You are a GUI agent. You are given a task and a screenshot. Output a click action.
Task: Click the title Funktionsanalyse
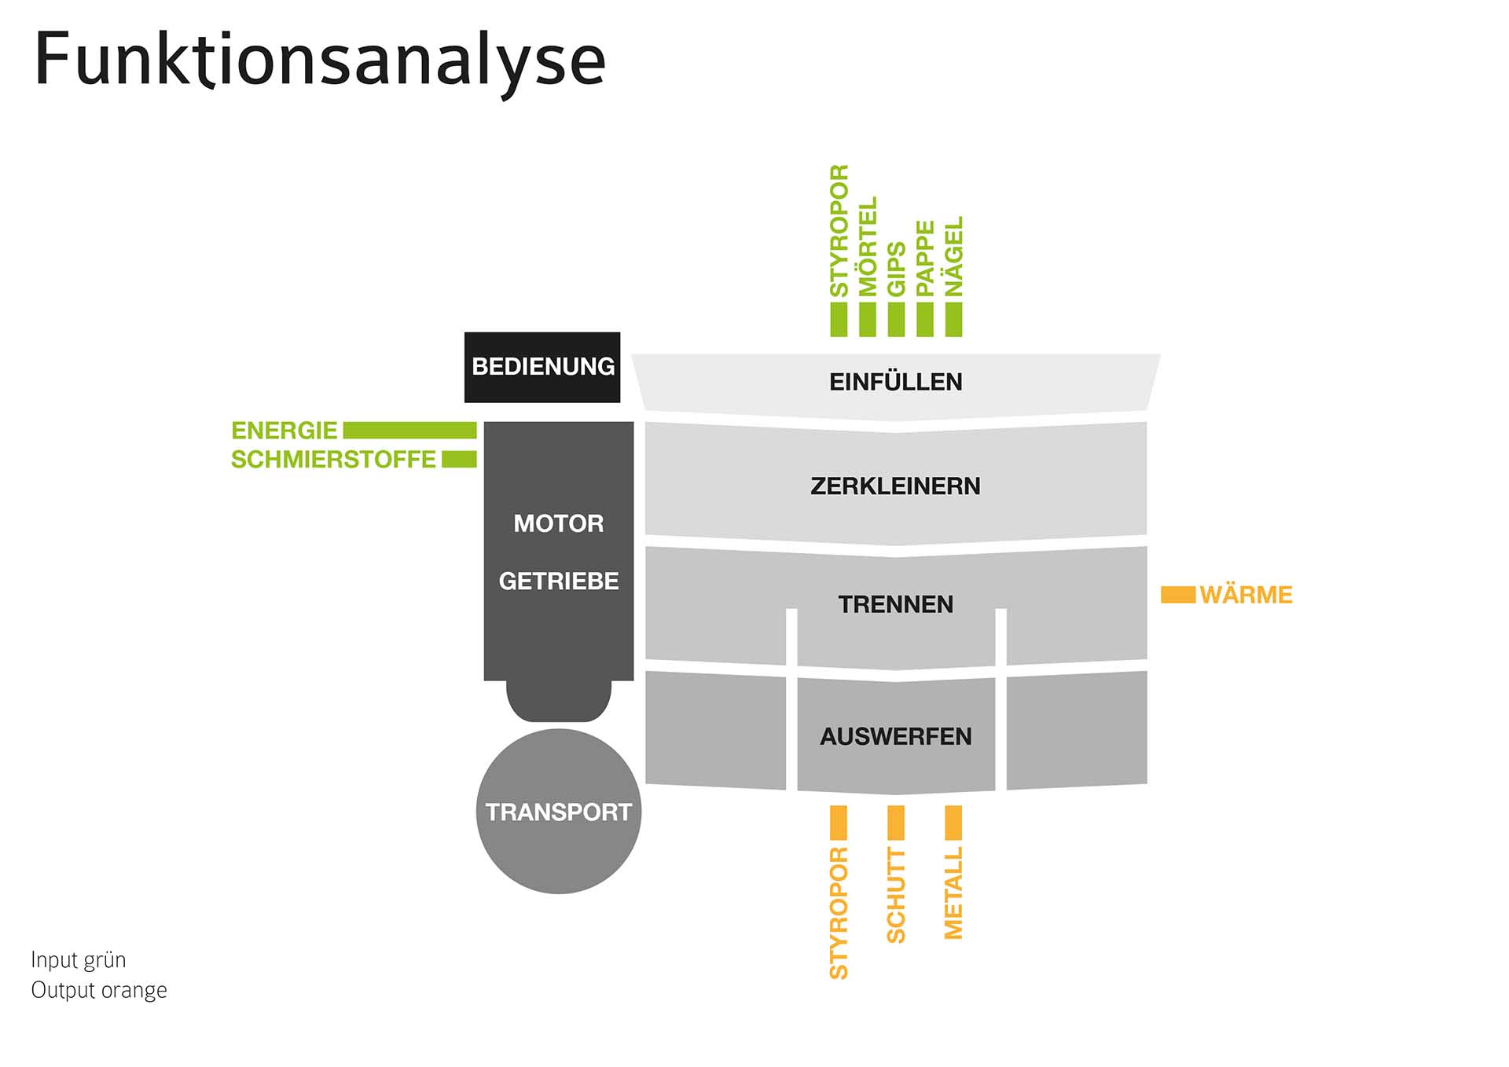(320, 60)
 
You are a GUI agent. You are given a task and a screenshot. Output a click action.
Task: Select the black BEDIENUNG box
(542, 367)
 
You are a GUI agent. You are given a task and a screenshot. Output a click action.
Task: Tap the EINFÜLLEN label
(895, 382)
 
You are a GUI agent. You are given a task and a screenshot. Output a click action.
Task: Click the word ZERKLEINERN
(895, 486)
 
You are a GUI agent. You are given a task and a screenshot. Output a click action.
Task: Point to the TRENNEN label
(895, 604)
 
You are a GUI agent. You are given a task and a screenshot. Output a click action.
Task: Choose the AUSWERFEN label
(895, 736)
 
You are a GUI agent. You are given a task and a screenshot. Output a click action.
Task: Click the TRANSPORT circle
(558, 812)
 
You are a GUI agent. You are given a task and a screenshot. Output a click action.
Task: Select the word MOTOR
(558, 523)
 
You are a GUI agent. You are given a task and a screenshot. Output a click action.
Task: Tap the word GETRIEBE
(558, 581)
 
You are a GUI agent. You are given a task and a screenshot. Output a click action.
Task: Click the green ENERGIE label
(284, 431)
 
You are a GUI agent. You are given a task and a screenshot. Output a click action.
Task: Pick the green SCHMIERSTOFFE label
(333, 459)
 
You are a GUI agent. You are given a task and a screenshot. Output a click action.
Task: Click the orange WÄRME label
(1246, 595)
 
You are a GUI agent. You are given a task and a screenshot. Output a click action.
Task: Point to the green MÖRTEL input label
(867, 247)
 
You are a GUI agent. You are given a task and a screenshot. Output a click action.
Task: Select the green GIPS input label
(896, 269)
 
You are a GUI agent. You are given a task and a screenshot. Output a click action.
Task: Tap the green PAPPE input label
(925, 258)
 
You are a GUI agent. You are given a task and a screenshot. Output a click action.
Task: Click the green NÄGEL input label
(953, 256)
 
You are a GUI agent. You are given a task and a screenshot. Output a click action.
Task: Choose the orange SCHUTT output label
(896, 895)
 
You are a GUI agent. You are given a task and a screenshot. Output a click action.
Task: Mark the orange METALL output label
(953, 893)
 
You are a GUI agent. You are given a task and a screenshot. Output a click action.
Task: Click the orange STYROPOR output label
(839, 913)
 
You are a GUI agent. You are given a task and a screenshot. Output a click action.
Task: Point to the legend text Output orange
(99, 990)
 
